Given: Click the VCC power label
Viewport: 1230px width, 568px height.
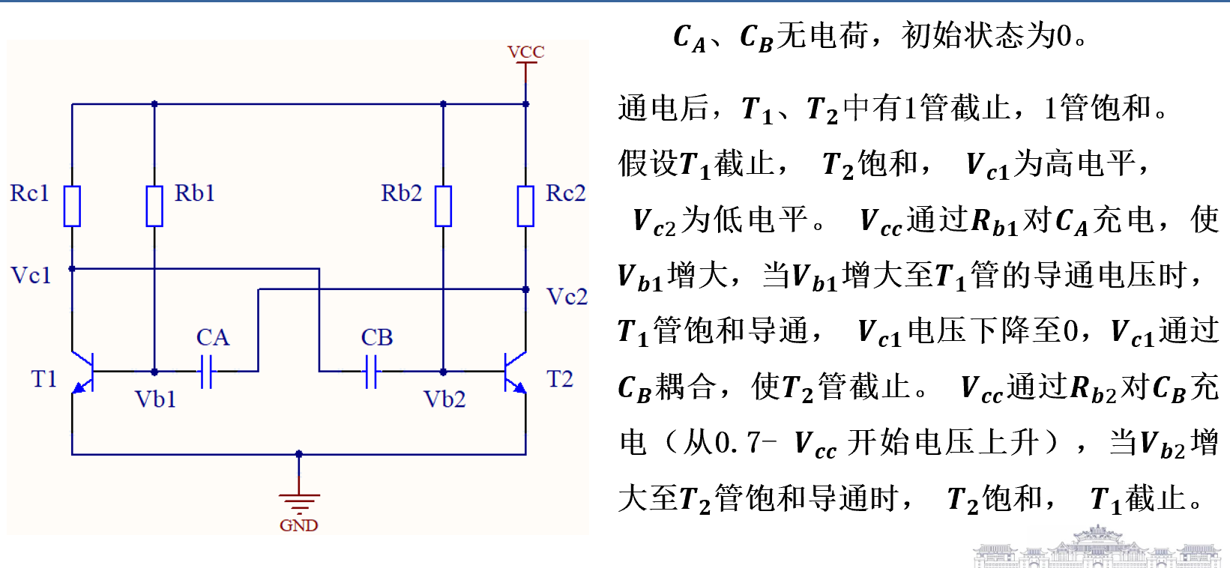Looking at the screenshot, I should tap(525, 52).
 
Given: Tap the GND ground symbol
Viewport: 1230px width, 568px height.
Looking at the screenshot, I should tap(299, 501).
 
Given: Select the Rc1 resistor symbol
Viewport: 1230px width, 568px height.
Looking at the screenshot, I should tap(72, 206).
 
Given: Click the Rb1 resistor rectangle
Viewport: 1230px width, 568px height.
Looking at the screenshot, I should tap(154, 206).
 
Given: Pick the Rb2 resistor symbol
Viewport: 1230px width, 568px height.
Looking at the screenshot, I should tap(443, 206).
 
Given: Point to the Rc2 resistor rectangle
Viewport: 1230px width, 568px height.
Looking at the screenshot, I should tap(525, 206).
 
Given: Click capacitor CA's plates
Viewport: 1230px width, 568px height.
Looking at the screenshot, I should tap(207, 371).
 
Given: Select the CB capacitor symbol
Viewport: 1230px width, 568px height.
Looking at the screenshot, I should tap(371, 371).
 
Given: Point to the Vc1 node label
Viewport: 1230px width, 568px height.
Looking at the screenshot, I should tap(31, 276).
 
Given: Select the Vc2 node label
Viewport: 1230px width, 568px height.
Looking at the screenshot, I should tap(567, 297).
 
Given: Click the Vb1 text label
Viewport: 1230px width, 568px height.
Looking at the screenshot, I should tap(155, 399).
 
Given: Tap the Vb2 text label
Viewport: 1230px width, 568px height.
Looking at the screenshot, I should tap(444, 399).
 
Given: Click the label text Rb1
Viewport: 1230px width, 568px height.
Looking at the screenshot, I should tap(195, 193).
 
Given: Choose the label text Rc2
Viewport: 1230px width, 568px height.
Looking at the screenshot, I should tap(565, 193).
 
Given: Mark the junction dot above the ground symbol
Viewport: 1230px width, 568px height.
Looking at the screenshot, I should tap(299, 454).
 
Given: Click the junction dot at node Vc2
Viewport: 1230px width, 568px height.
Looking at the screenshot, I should tap(525, 289).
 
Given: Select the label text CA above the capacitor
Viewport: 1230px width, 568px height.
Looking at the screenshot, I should tap(212, 337).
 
